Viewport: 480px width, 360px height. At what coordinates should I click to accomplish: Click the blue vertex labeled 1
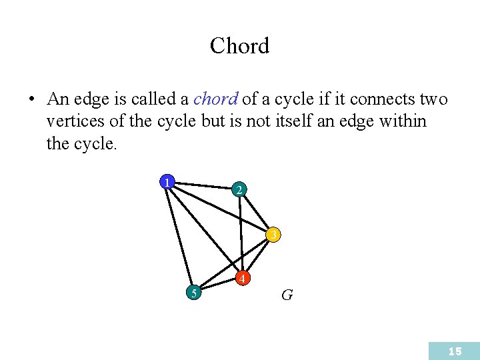[167, 181]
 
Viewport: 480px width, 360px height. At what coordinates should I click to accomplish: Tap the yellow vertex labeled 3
[273, 235]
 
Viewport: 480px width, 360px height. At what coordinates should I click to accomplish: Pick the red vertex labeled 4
[243, 277]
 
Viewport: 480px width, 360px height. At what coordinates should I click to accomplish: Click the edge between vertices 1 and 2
[203, 186]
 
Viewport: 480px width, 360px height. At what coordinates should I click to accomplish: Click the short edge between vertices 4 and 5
[218, 285]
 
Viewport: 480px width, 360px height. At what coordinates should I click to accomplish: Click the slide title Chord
[239, 46]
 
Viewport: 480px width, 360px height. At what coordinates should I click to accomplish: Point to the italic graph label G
[287, 295]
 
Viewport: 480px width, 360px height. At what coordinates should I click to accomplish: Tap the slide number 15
[455, 351]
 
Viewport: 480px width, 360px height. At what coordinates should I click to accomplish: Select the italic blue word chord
[215, 100]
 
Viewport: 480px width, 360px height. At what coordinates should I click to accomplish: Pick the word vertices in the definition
[72, 122]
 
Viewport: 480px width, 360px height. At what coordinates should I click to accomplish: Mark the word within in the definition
[403, 122]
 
